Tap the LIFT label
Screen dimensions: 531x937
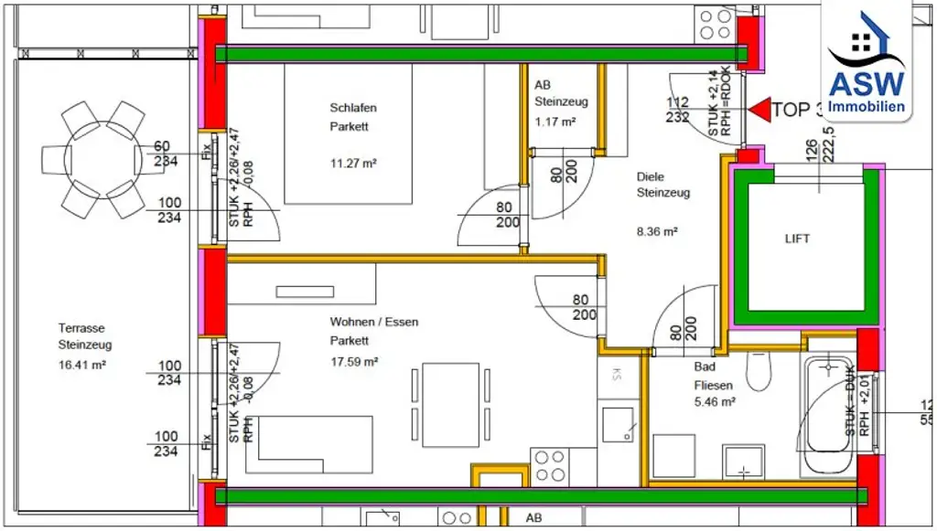pyautogui.click(x=797, y=239)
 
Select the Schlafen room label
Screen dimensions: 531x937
pyautogui.click(x=353, y=108)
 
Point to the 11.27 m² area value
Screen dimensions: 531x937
pyautogui.click(x=354, y=164)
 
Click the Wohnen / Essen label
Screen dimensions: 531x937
pyautogui.click(x=374, y=322)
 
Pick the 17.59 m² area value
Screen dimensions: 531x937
pyautogui.click(x=354, y=361)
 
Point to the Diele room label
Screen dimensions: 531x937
pyautogui.click(x=650, y=176)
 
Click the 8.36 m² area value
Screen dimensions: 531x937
pyautogui.click(x=656, y=232)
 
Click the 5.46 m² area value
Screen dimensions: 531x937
pyautogui.click(x=715, y=401)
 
